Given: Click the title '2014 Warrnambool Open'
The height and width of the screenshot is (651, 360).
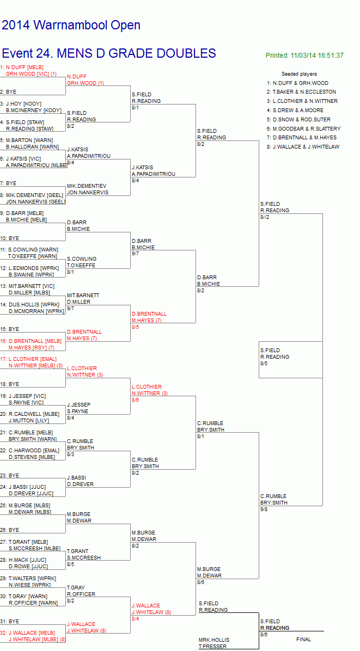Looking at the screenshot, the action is click(71, 26).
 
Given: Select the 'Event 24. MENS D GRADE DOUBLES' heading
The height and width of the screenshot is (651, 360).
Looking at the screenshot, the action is click(109, 53).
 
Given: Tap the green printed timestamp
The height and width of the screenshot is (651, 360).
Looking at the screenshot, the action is click(304, 55).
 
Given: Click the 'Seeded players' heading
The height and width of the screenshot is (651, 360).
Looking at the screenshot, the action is click(299, 74).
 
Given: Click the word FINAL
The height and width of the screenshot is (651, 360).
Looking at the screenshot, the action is click(303, 640).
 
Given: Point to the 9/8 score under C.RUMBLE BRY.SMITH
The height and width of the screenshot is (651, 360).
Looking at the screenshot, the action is click(264, 509).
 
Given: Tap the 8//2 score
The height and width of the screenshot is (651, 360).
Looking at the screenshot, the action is click(265, 217).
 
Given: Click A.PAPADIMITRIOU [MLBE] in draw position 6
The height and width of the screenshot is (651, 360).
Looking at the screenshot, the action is click(36, 165).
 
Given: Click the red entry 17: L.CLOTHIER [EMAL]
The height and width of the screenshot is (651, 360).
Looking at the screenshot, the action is click(28, 359).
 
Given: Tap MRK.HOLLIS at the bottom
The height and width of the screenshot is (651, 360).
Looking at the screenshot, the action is click(214, 640).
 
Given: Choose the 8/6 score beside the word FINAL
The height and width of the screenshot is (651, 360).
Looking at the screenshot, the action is click(264, 635).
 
